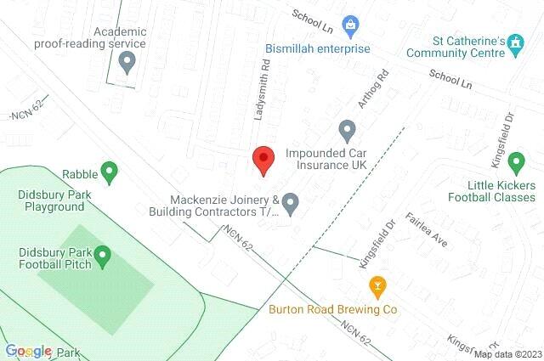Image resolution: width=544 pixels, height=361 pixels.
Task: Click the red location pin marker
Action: [263, 160]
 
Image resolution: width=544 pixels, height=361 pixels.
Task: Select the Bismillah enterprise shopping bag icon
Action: [348, 25]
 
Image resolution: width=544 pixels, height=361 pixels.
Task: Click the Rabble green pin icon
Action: [108, 172]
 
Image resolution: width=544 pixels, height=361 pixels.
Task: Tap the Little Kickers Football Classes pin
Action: [515, 161]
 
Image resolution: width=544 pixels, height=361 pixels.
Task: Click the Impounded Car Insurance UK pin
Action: [347, 131]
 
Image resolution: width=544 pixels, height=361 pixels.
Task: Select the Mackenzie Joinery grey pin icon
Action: [290, 203]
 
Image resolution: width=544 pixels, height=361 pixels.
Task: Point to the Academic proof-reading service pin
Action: [127, 61]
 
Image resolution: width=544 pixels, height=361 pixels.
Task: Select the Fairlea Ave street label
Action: [426, 229]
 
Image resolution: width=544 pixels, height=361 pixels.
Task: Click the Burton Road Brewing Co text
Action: [333, 309]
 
